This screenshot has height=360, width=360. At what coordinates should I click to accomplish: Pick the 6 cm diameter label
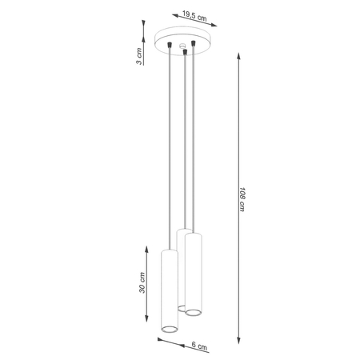pos(200,346)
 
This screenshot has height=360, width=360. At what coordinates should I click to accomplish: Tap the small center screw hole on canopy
pos(182,45)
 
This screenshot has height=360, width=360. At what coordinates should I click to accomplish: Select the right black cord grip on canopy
pos(194,45)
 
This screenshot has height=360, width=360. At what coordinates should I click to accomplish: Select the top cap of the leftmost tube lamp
pos(169,250)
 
